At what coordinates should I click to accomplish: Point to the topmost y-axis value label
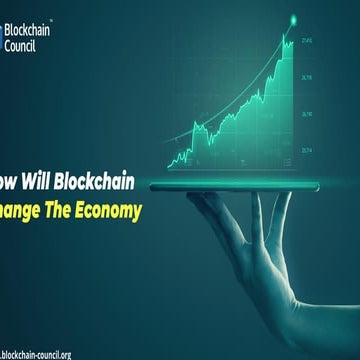click(306, 41)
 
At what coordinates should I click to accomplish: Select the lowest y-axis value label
click(306, 150)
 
